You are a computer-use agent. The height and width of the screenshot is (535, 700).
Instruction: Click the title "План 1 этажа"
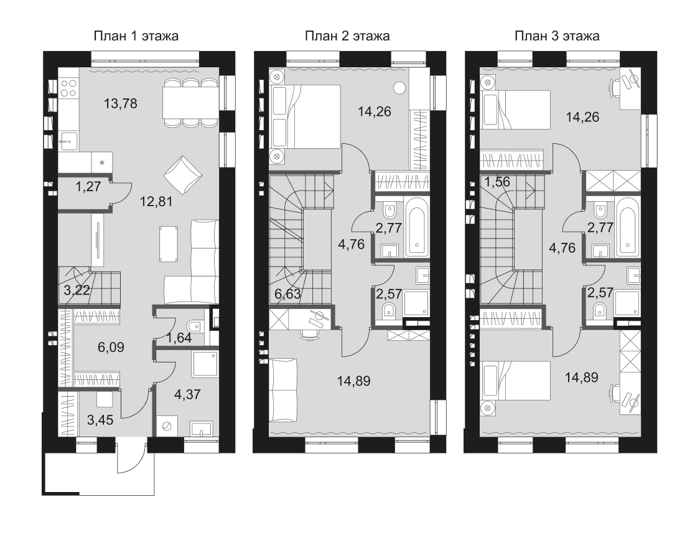pyautogui.click(x=136, y=36)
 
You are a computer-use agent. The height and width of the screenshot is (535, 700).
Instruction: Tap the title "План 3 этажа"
pyautogui.click(x=557, y=36)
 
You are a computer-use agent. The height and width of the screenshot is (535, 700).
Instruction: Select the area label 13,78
pyautogui.click(x=121, y=103)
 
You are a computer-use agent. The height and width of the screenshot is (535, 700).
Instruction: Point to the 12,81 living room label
pyautogui.click(x=156, y=202)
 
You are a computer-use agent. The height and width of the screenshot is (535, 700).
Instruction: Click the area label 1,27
pyautogui.click(x=88, y=186)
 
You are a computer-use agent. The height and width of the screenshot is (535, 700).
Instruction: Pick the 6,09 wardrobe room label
pyautogui.click(x=111, y=347)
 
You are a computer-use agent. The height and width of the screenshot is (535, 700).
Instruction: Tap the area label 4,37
pyautogui.click(x=187, y=394)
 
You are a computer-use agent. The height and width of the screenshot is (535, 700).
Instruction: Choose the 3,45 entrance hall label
pyautogui.click(x=100, y=420)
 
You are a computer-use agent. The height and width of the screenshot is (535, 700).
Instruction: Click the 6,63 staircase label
pyautogui.click(x=288, y=294)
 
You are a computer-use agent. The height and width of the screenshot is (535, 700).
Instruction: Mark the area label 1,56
pyautogui.click(x=497, y=182)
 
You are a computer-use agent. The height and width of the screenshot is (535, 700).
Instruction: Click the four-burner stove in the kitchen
pyautogui.click(x=68, y=88)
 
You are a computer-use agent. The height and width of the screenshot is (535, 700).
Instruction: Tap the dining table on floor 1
pyautogui.click(x=190, y=102)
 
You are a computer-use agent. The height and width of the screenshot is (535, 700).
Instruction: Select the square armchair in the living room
pyautogui.click(x=182, y=175)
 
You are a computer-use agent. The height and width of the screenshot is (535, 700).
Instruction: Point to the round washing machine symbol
pyautogui.click(x=167, y=426)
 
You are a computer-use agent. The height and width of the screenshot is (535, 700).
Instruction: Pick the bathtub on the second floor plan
pyautogui.click(x=417, y=227)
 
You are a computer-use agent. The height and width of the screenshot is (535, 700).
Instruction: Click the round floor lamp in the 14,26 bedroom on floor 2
pyautogui.click(x=400, y=88)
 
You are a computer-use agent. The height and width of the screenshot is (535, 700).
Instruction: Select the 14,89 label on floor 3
pyautogui.click(x=582, y=377)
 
